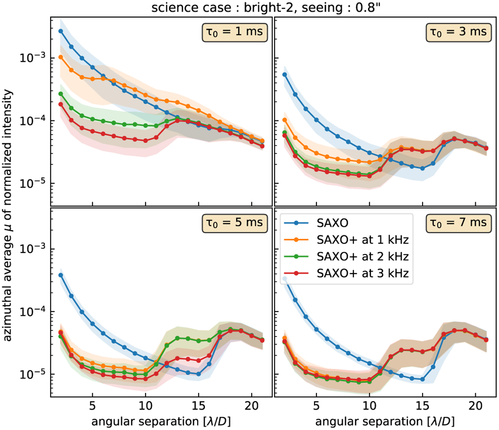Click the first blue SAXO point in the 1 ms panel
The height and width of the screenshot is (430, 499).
(x=61, y=31)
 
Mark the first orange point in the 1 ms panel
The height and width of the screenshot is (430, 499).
(x=61, y=57)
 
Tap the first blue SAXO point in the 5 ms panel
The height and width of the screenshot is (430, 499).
(x=61, y=275)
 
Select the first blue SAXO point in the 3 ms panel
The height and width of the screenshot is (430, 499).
(x=285, y=75)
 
